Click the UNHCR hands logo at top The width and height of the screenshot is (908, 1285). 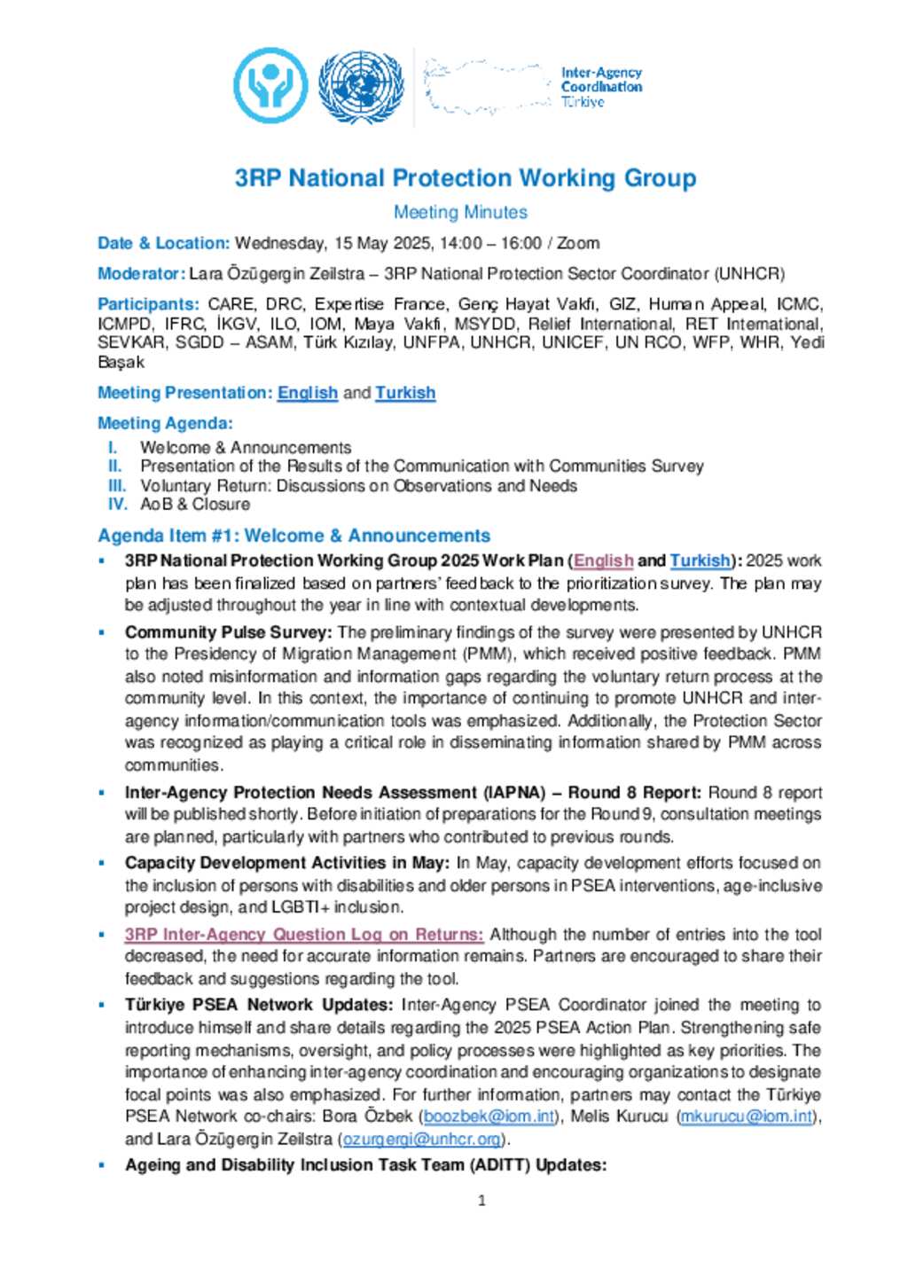[x=270, y=86]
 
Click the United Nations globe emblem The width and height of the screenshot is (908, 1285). [x=361, y=86]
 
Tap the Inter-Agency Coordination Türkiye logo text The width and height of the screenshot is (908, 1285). [x=600, y=87]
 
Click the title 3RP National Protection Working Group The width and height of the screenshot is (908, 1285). [x=465, y=178]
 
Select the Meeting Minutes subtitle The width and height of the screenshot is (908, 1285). [x=460, y=213]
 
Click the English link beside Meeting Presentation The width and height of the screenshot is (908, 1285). [x=308, y=393]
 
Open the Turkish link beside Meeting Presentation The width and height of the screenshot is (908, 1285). [x=405, y=393]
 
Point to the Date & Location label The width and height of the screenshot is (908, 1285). [x=163, y=243]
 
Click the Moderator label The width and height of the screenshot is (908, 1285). [x=141, y=274]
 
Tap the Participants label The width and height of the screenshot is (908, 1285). [x=148, y=304]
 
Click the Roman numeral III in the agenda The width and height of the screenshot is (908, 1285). [x=117, y=486]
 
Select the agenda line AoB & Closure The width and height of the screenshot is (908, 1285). [x=195, y=505]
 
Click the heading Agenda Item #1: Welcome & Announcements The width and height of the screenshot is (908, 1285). [x=294, y=536]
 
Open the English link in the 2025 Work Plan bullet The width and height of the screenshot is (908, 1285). [x=603, y=560]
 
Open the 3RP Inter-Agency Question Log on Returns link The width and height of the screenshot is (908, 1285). [x=303, y=935]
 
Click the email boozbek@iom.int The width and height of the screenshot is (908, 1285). [x=489, y=1117]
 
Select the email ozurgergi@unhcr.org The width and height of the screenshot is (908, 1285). [x=421, y=1139]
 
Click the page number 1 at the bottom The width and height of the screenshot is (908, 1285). [x=481, y=1201]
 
